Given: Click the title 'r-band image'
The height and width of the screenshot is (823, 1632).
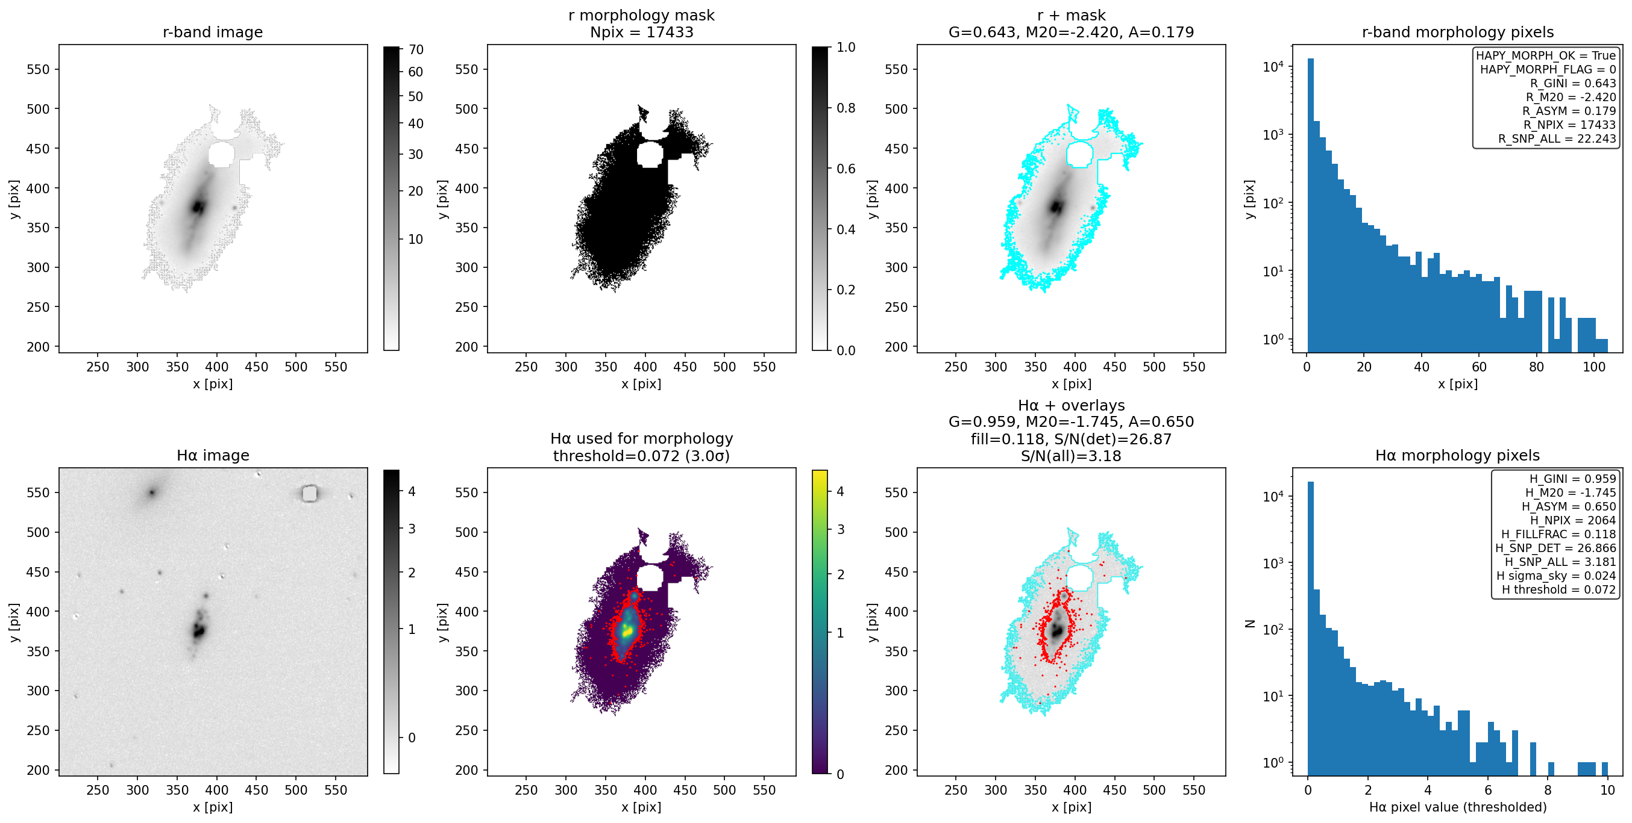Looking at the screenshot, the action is [212, 32].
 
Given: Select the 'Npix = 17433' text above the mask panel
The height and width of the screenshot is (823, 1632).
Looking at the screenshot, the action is [641, 32].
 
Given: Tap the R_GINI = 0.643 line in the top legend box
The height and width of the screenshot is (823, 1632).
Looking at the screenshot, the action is [1572, 83].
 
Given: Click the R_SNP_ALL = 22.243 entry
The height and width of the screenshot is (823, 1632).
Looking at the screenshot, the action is [1557, 138].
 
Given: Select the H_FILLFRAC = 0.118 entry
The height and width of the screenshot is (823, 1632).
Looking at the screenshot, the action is [1558, 533].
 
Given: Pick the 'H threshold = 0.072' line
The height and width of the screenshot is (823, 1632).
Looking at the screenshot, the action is [1558, 589].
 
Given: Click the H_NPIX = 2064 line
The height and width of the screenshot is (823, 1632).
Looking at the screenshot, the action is [1572, 520].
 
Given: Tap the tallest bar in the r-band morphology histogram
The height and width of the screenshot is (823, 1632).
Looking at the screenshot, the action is [1310, 205].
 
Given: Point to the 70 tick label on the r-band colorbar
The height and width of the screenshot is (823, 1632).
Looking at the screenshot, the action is [416, 49].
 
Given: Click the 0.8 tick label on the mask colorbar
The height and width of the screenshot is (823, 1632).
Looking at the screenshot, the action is [846, 108].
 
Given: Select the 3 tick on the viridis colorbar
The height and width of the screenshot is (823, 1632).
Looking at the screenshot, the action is [841, 529].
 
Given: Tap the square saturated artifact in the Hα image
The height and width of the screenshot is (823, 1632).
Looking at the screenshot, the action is [309, 492].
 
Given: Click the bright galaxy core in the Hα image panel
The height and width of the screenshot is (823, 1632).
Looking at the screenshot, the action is [199, 629].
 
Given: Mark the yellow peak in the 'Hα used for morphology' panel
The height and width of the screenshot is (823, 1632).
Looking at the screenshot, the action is [627, 630].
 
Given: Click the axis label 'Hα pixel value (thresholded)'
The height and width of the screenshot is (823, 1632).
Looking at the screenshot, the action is [1457, 807].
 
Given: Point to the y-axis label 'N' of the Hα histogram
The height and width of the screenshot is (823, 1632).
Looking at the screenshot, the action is [1249, 623].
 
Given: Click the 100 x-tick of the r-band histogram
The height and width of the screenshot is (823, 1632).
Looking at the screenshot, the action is [1594, 367].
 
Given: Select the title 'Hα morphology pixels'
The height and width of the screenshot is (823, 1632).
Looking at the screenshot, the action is [1457, 455].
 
